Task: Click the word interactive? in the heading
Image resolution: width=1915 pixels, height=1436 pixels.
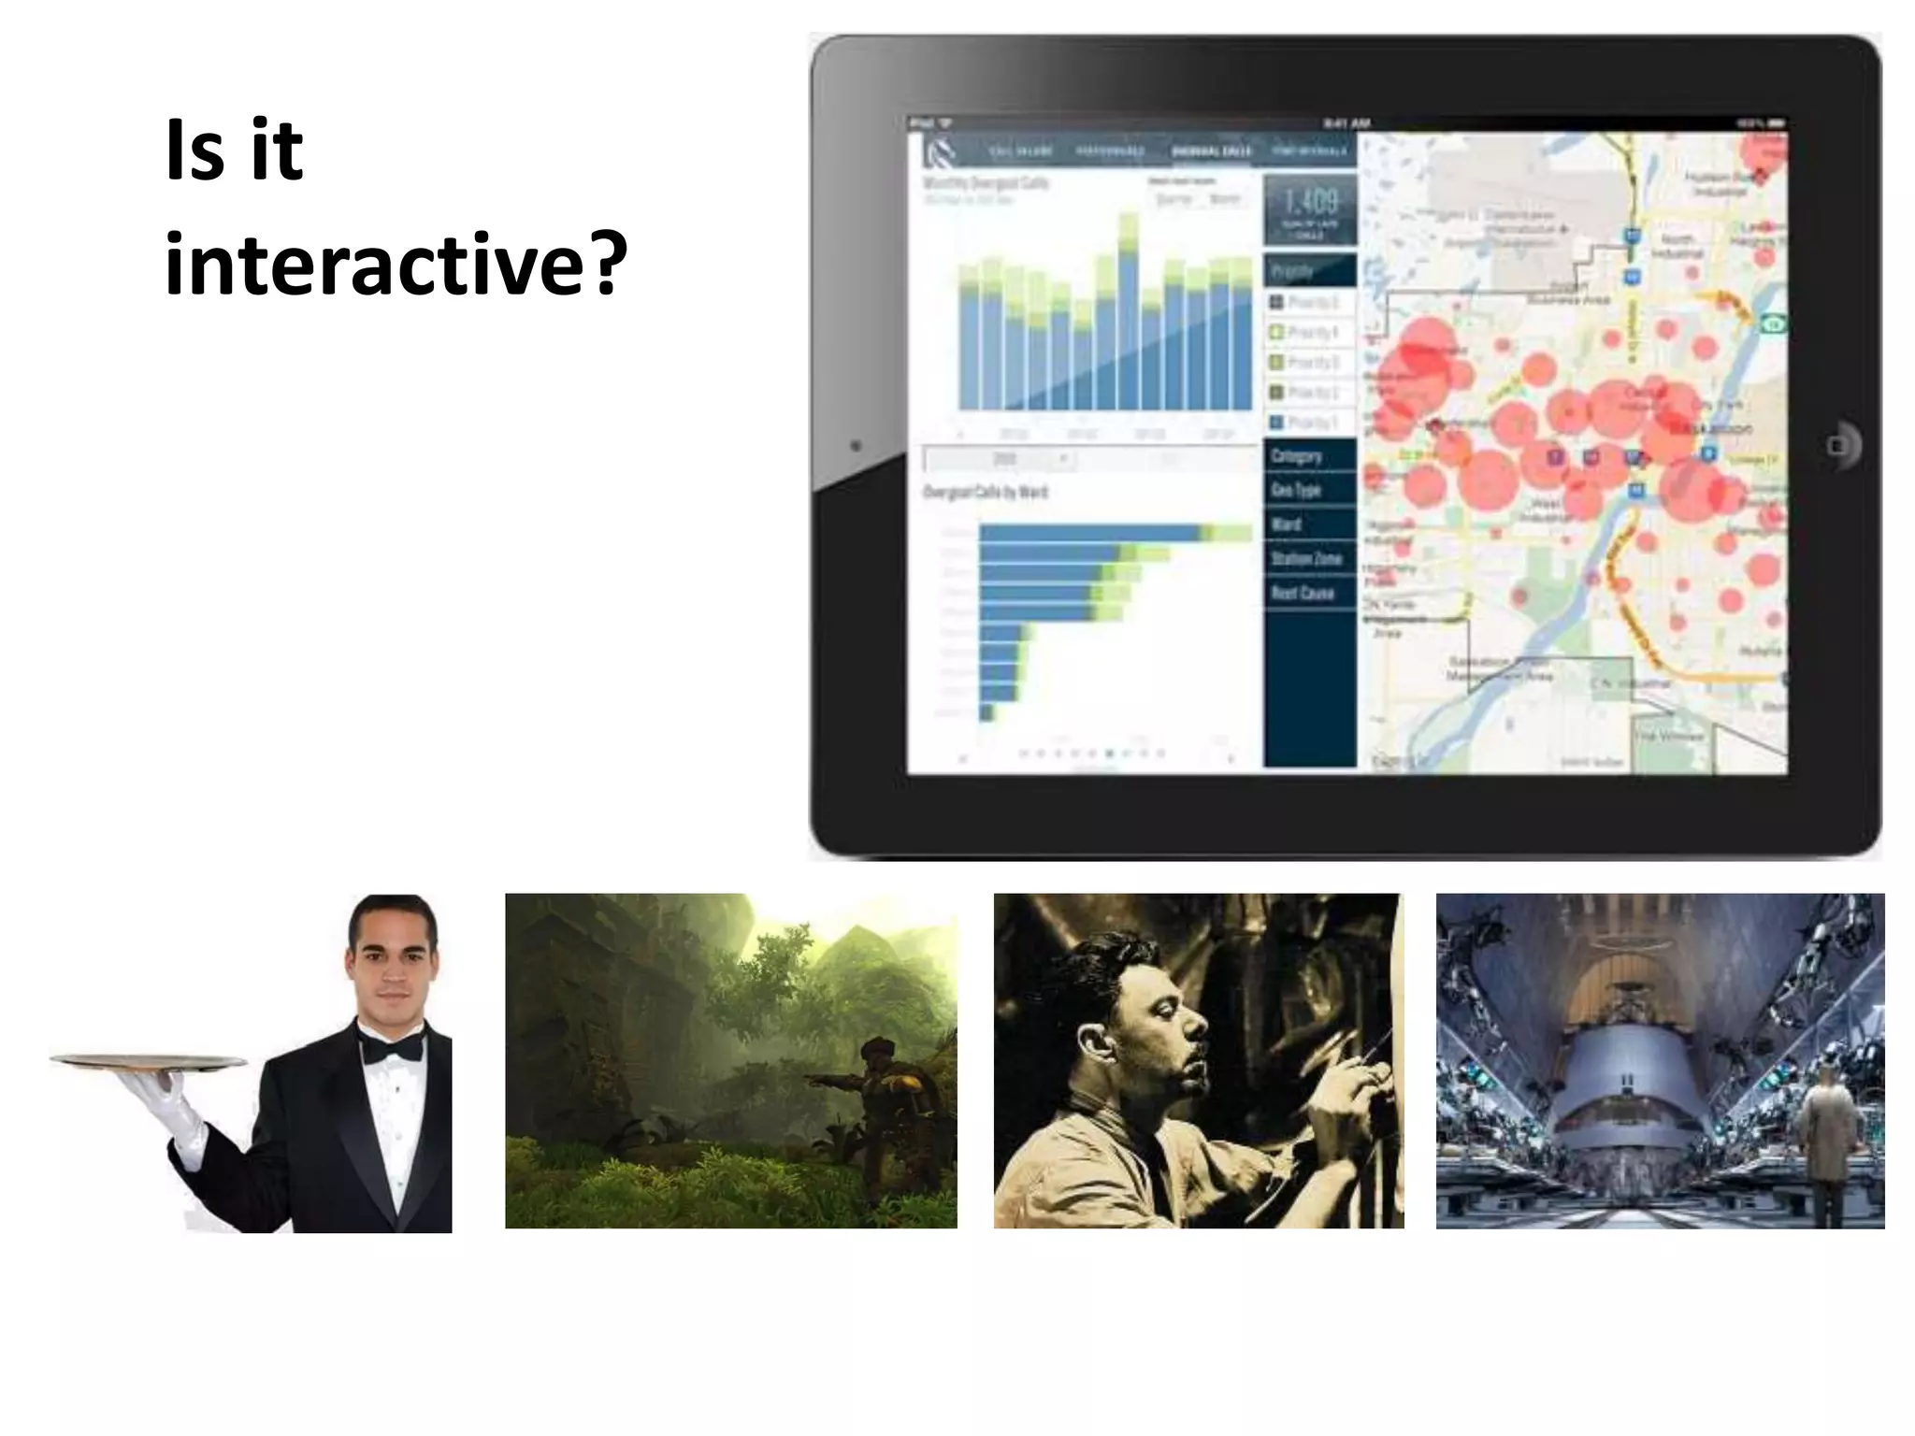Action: [x=396, y=265]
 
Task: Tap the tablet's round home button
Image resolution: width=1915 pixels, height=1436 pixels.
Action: [x=1838, y=445]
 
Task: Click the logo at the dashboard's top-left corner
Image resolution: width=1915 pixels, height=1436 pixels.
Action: [x=938, y=152]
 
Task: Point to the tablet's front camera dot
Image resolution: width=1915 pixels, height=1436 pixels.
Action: [x=856, y=446]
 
